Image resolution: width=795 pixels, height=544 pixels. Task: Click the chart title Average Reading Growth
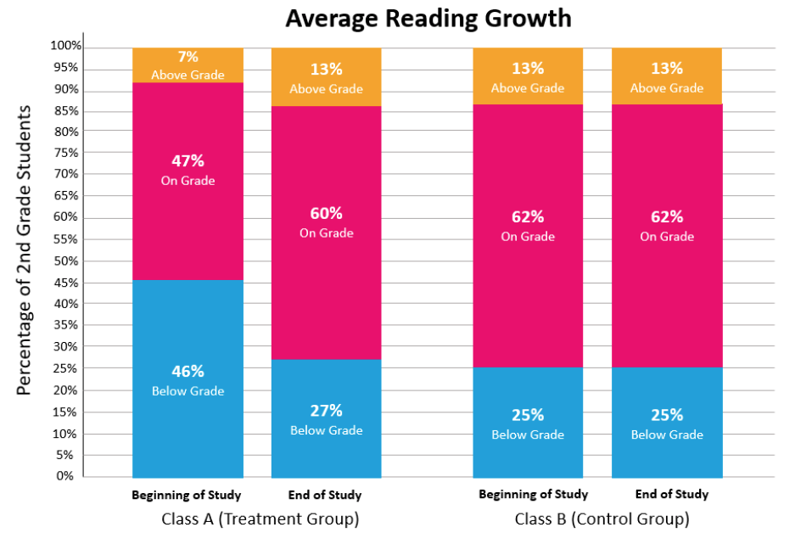point(428,18)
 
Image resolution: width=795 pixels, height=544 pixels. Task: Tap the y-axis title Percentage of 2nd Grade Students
point(25,250)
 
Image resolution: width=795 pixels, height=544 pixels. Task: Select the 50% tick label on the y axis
point(68,261)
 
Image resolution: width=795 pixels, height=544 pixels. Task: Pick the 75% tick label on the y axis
point(68,153)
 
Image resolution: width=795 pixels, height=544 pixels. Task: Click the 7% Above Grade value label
point(188,57)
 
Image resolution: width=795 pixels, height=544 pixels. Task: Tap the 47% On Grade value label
point(188,160)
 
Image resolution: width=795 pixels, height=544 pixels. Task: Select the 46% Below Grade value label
point(188,371)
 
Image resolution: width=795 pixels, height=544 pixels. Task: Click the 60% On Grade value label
point(326,213)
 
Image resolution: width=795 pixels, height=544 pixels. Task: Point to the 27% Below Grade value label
point(326,411)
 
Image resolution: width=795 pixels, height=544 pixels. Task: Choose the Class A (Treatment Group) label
point(260,519)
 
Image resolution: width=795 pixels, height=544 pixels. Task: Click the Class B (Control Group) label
point(602,519)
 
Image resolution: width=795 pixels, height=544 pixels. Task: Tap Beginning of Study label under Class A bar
point(187,495)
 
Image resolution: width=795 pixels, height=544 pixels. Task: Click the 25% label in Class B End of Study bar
point(667,415)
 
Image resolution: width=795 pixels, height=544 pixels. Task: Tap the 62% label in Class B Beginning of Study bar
point(528,216)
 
